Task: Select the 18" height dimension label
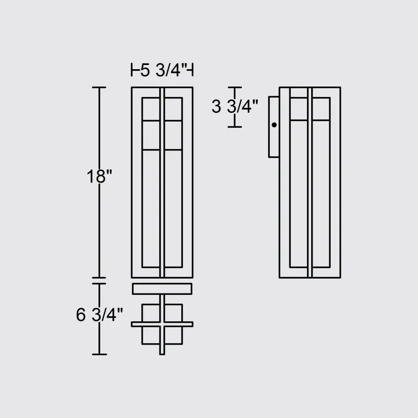tap(99, 177)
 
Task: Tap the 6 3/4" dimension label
tap(99, 315)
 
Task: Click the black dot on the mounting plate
tap(274, 125)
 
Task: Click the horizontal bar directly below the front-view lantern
tap(162, 289)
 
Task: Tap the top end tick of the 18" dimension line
tap(99, 87)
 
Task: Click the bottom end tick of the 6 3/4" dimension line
tap(99, 354)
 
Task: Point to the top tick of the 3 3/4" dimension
tap(235, 87)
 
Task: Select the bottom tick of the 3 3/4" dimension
tap(235, 127)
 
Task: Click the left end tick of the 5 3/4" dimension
tap(132, 71)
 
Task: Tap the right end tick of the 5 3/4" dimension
tap(192, 71)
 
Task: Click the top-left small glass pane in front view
tap(151, 109)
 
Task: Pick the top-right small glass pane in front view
tap(173, 109)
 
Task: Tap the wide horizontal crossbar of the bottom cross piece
tap(162, 324)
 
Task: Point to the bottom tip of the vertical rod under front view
tap(162, 353)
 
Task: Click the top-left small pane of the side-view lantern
tap(299, 109)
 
